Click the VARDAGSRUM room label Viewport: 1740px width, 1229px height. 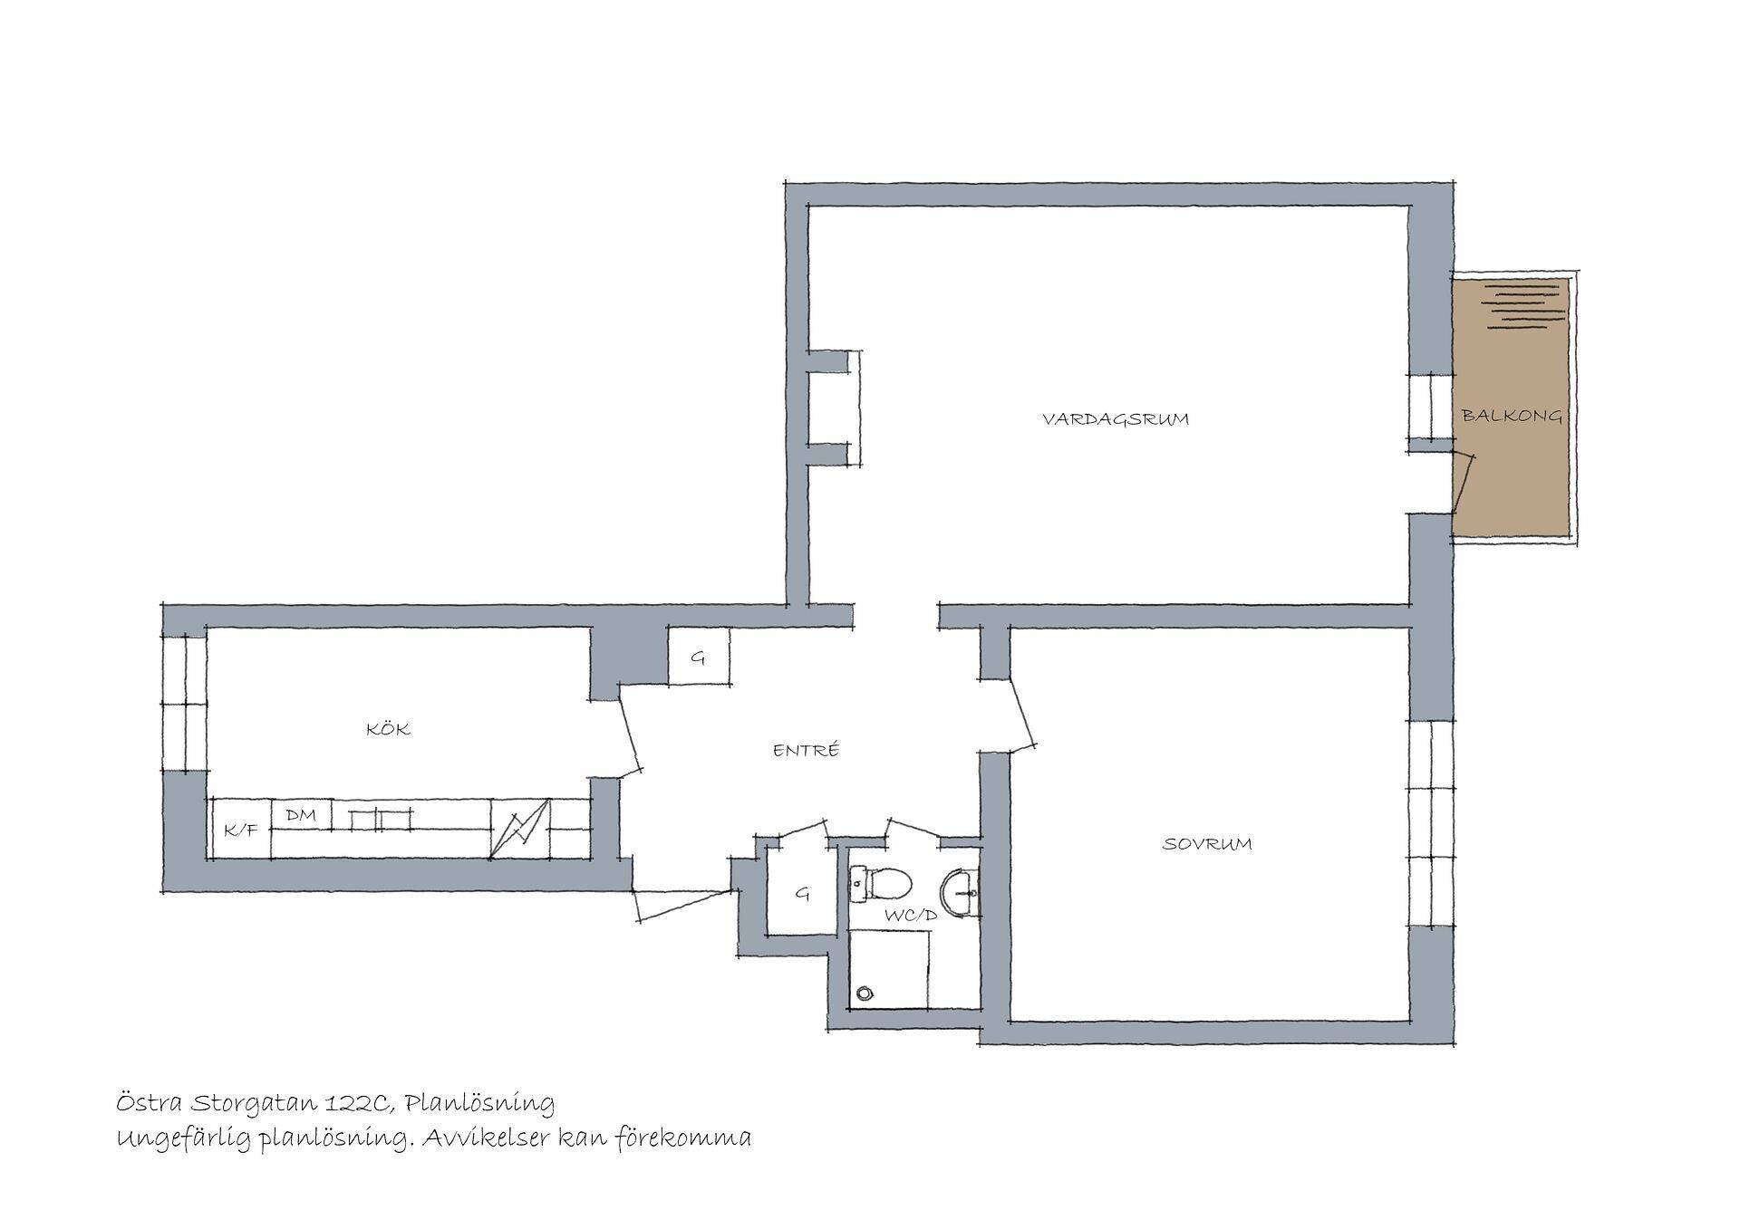click(x=1115, y=419)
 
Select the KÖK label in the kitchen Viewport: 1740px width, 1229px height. click(x=388, y=728)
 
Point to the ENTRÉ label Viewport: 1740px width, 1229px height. click(x=806, y=750)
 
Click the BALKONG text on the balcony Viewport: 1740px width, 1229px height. click(x=1512, y=416)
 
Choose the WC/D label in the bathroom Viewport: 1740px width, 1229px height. click(x=911, y=916)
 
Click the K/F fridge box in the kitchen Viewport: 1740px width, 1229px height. click(x=240, y=829)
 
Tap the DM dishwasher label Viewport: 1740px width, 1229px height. click(x=301, y=815)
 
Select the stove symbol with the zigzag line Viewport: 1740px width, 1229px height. click(x=520, y=828)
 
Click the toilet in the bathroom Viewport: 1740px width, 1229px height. click(x=883, y=883)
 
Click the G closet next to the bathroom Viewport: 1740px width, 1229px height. click(x=801, y=893)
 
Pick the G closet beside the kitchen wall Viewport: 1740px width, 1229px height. click(x=699, y=657)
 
